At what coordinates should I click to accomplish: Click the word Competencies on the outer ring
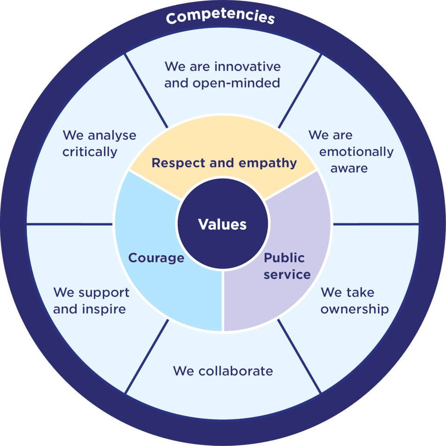click(220, 18)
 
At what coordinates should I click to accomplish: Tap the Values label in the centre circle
click(223, 224)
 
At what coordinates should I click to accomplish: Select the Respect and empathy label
click(224, 163)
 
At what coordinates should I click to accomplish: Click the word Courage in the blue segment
click(156, 258)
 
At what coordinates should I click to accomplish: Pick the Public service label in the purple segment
click(287, 266)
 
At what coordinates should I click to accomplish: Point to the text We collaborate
click(223, 371)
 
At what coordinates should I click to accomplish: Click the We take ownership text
click(354, 300)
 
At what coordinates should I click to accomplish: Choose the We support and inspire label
click(91, 300)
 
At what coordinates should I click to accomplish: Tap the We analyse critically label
click(99, 143)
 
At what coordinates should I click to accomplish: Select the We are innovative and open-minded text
click(223, 75)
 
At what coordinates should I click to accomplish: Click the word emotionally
click(356, 152)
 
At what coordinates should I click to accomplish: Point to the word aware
click(349, 168)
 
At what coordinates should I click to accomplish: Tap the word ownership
click(354, 309)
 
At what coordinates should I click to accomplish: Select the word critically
click(90, 152)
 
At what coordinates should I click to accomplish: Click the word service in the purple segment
click(287, 275)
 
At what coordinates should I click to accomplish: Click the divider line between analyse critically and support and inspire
click(69, 224)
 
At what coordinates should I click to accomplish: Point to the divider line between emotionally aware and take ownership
click(376, 224)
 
